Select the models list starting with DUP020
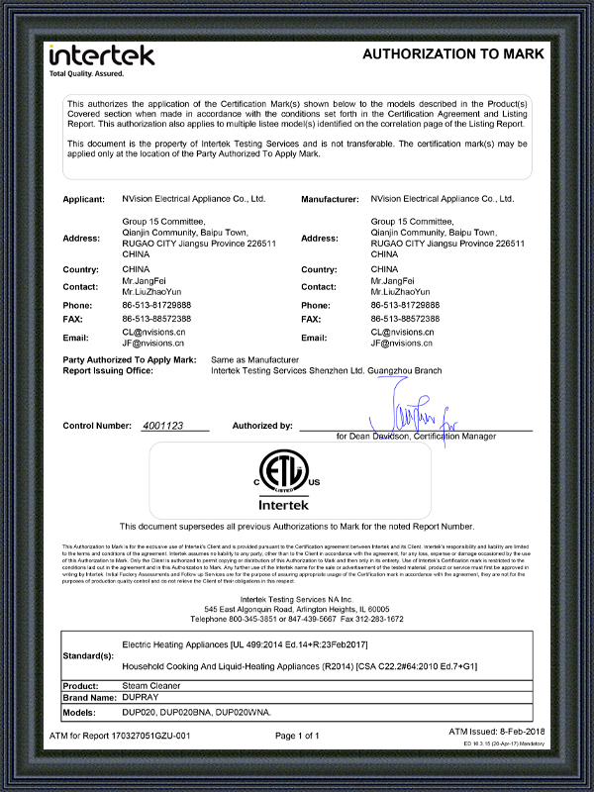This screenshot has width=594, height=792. click(181, 711)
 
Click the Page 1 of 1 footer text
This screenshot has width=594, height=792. click(297, 736)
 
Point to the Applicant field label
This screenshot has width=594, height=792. click(84, 199)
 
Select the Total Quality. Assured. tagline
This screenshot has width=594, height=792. click(88, 74)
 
